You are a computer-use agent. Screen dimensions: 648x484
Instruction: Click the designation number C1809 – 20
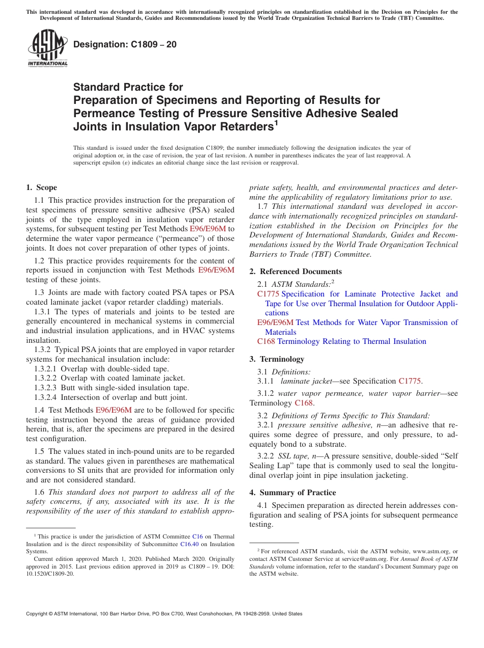(125, 44)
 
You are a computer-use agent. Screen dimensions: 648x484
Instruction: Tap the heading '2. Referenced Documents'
(295, 272)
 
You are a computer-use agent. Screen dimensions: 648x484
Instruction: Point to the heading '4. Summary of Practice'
(292, 493)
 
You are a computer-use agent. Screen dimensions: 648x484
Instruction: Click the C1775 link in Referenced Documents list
(268, 294)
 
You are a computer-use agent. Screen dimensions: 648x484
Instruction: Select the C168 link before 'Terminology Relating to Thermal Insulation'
(266, 341)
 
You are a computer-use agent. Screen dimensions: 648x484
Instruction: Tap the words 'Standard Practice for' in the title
(128, 87)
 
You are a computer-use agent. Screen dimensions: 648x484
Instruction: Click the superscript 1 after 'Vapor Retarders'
(276, 122)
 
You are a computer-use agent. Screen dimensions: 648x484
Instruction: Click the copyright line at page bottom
(164, 614)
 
